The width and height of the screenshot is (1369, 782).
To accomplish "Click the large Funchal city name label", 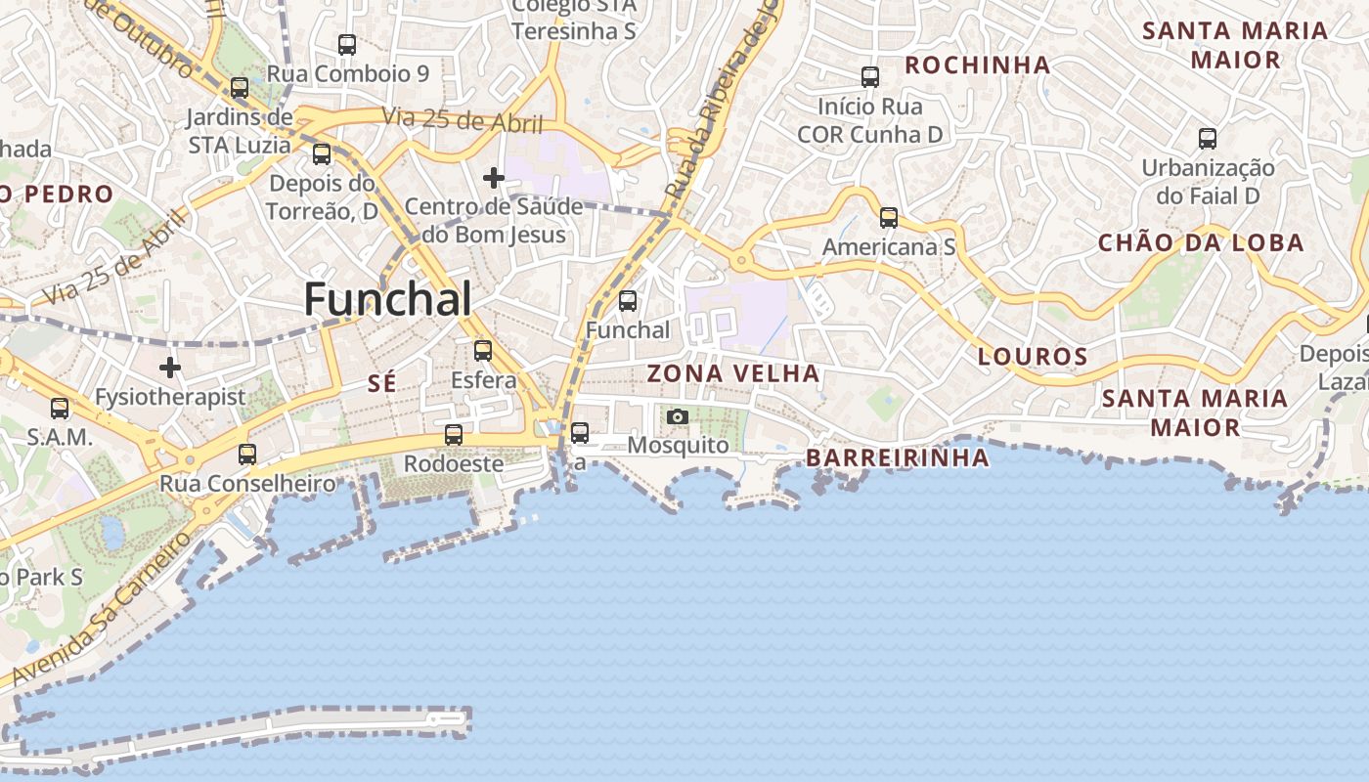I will coord(388,299).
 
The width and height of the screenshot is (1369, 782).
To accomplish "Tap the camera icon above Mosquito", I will coord(677,417).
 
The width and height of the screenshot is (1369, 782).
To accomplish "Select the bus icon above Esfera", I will coord(482,350).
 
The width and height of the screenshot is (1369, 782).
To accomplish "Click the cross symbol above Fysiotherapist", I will coord(170,368).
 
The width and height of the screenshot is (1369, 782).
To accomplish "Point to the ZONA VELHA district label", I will coord(733,373).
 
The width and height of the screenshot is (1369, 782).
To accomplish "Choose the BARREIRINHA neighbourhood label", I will coord(897,457).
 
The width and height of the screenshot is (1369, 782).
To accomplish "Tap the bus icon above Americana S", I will coord(888,218).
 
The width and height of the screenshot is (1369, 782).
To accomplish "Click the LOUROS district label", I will coord(1033,357).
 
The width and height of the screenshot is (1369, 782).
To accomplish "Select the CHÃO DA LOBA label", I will coord(1201,243).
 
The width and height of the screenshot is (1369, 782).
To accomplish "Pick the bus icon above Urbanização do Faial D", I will coord(1208,139).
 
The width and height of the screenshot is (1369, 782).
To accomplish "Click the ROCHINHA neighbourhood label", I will coord(977,65).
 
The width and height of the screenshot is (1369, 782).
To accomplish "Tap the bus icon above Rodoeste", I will coord(454,435).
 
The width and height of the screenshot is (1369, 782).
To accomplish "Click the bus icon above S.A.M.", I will coord(60,409).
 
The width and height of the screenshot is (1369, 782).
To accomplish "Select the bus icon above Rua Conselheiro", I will coord(247,454).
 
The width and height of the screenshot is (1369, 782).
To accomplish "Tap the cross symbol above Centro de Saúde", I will coord(494,178).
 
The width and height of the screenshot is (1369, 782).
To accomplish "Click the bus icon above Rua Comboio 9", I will coord(347,44).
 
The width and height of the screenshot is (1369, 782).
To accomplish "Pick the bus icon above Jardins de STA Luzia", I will coord(240,88).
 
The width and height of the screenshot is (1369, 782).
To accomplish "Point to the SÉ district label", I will coord(382,384).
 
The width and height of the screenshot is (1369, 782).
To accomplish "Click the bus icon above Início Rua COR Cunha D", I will coord(870,76).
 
